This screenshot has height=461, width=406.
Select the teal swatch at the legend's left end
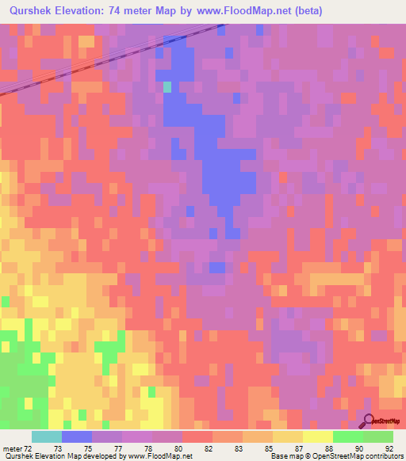click(47, 436)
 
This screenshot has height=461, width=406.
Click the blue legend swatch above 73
click(77, 436)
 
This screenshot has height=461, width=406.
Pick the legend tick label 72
click(29, 448)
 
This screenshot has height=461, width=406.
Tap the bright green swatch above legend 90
click(347, 436)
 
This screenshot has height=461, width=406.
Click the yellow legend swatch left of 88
click(317, 436)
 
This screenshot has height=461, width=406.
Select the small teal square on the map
click(167, 87)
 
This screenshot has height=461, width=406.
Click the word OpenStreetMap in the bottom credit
click(337, 456)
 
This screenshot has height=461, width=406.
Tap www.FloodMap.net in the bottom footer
click(157, 456)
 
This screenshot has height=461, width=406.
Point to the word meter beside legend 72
click(11, 448)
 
